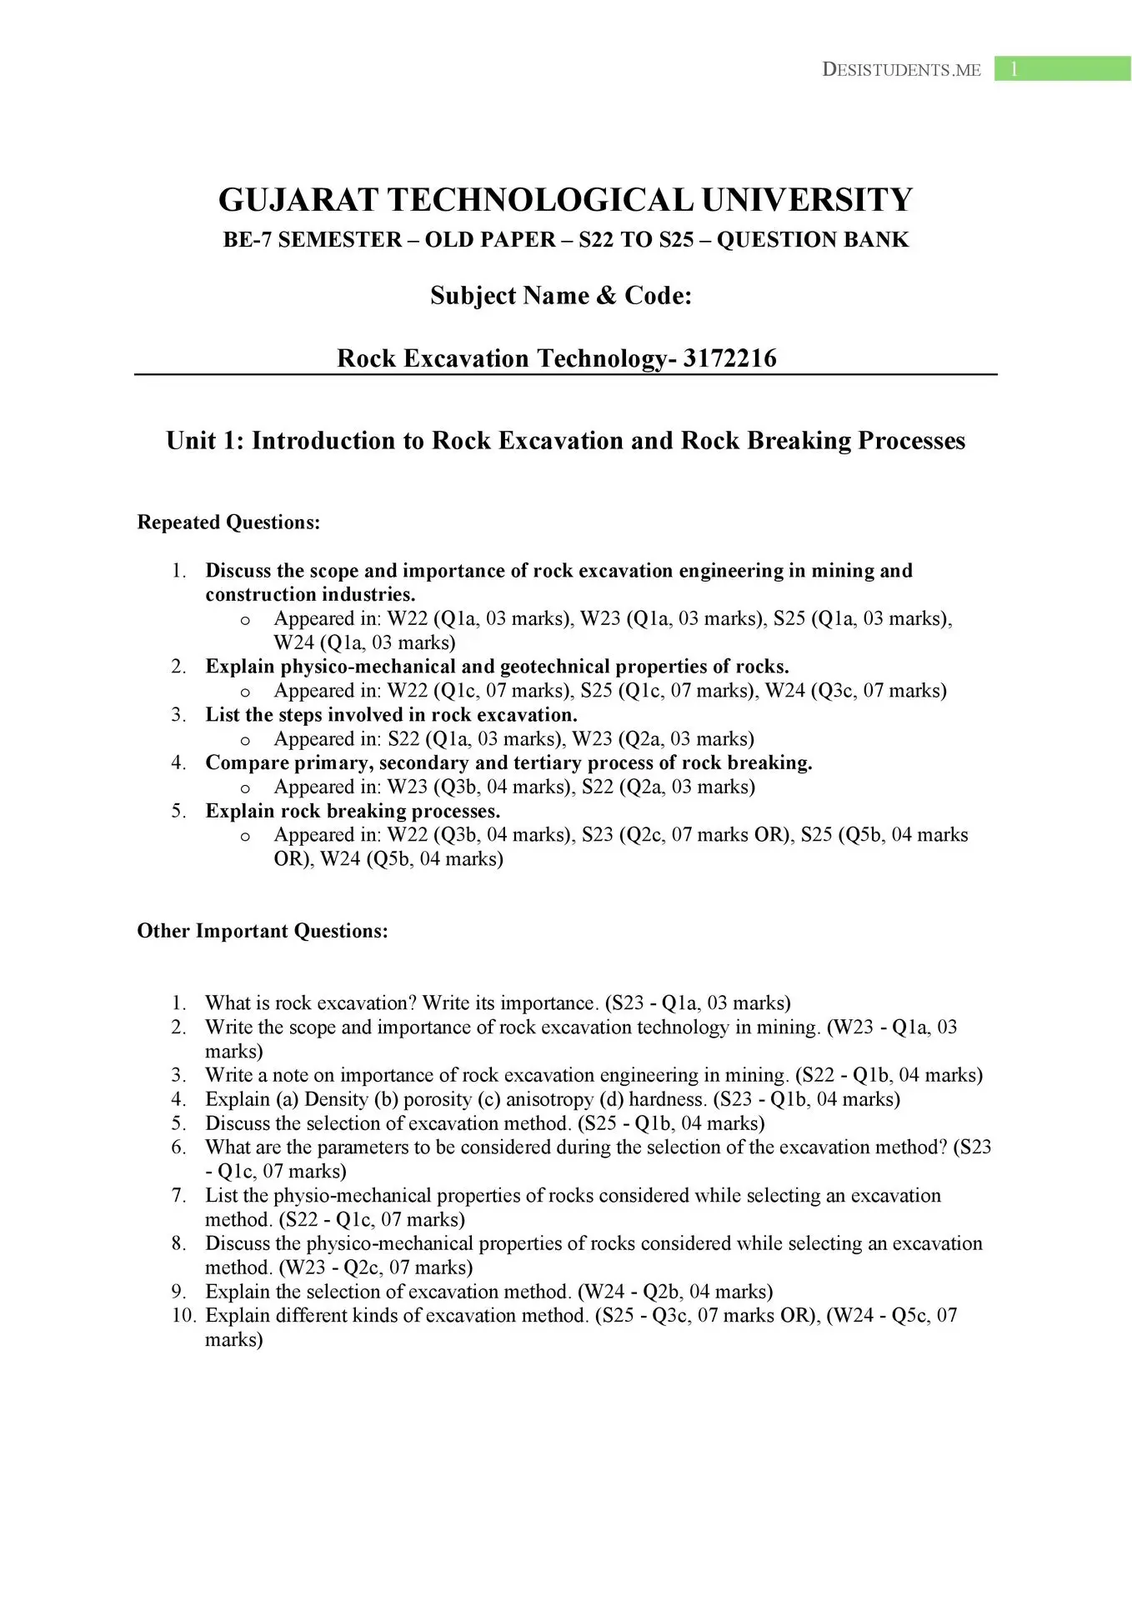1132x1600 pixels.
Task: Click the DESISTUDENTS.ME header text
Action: pyautogui.click(x=901, y=70)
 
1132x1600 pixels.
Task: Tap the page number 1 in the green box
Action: pyautogui.click(x=1014, y=69)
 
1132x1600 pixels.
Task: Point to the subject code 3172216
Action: pyautogui.click(x=729, y=358)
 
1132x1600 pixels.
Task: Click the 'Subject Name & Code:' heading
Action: pyautogui.click(x=561, y=296)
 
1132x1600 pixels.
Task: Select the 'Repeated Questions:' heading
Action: pyautogui.click(x=228, y=522)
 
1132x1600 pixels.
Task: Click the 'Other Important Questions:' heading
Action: pyautogui.click(x=263, y=931)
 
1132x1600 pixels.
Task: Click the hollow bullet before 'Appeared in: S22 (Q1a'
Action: pyautogui.click(x=245, y=740)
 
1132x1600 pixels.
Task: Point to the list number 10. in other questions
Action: pyautogui.click(x=183, y=1315)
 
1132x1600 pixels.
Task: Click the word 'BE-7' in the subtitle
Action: pyautogui.click(x=246, y=240)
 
